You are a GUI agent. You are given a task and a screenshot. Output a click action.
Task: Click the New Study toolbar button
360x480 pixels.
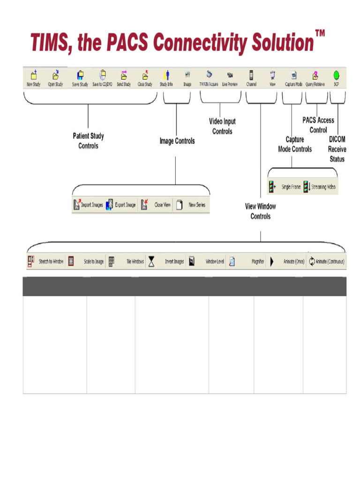(x=33, y=78)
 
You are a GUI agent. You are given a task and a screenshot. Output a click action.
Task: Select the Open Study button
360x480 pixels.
(x=55, y=78)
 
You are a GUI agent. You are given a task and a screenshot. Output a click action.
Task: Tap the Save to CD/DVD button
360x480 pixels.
(x=102, y=78)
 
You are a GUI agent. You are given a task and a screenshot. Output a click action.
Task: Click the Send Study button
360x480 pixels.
(x=124, y=78)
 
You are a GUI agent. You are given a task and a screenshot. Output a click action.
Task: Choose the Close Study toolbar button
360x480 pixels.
(x=145, y=78)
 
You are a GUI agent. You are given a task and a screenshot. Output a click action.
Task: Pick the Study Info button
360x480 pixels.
(x=166, y=78)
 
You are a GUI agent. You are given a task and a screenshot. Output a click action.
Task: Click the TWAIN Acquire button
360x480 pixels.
(x=209, y=78)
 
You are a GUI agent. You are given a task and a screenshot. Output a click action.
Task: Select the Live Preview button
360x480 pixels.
(x=230, y=78)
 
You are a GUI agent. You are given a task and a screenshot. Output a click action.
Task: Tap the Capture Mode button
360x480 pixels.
(x=294, y=78)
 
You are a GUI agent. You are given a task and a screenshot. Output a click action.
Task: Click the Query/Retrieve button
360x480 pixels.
(x=315, y=78)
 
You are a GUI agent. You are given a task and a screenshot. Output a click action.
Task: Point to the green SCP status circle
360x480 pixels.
(x=336, y=75)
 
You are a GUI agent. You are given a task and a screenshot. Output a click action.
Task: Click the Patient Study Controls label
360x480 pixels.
(x=88, y=141)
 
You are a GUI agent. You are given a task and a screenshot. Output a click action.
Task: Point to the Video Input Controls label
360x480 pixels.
(x=222, y=127)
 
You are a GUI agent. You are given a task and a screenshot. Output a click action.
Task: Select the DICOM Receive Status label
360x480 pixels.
(x=337, y=149)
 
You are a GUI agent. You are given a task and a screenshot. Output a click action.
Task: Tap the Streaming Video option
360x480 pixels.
(x=320, y=187)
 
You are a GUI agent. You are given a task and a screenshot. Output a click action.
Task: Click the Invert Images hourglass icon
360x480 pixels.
(x=151, y=262)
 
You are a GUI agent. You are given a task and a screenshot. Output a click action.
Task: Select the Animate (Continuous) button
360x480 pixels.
(x=326, y=262)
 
